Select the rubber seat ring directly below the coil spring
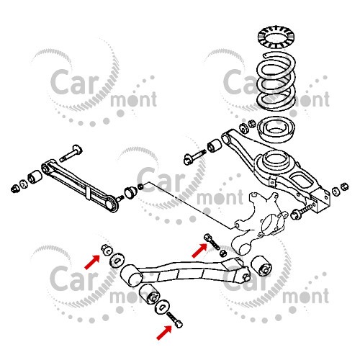[x=276, y=130]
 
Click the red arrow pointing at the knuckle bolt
[x=199, y=251]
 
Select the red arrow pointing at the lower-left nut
[x=92, y=262]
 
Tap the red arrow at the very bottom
[x=164, y=333]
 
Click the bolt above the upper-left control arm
[x=71, y=153]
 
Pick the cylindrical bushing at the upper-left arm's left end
[x=35, y=177]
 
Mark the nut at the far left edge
[x=15, y=189]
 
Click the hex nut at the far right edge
[x=345, y=186]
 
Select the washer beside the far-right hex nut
[x=336, y=192]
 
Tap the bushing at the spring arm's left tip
[x=215, y=145]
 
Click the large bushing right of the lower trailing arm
[x=261, y=266]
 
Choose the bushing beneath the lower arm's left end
[x=150, y=294]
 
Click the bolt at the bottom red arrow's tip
[x=174, y=320]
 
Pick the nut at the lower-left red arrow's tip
[x=107, y=250]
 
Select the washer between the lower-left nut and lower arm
[x=117, y=260]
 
